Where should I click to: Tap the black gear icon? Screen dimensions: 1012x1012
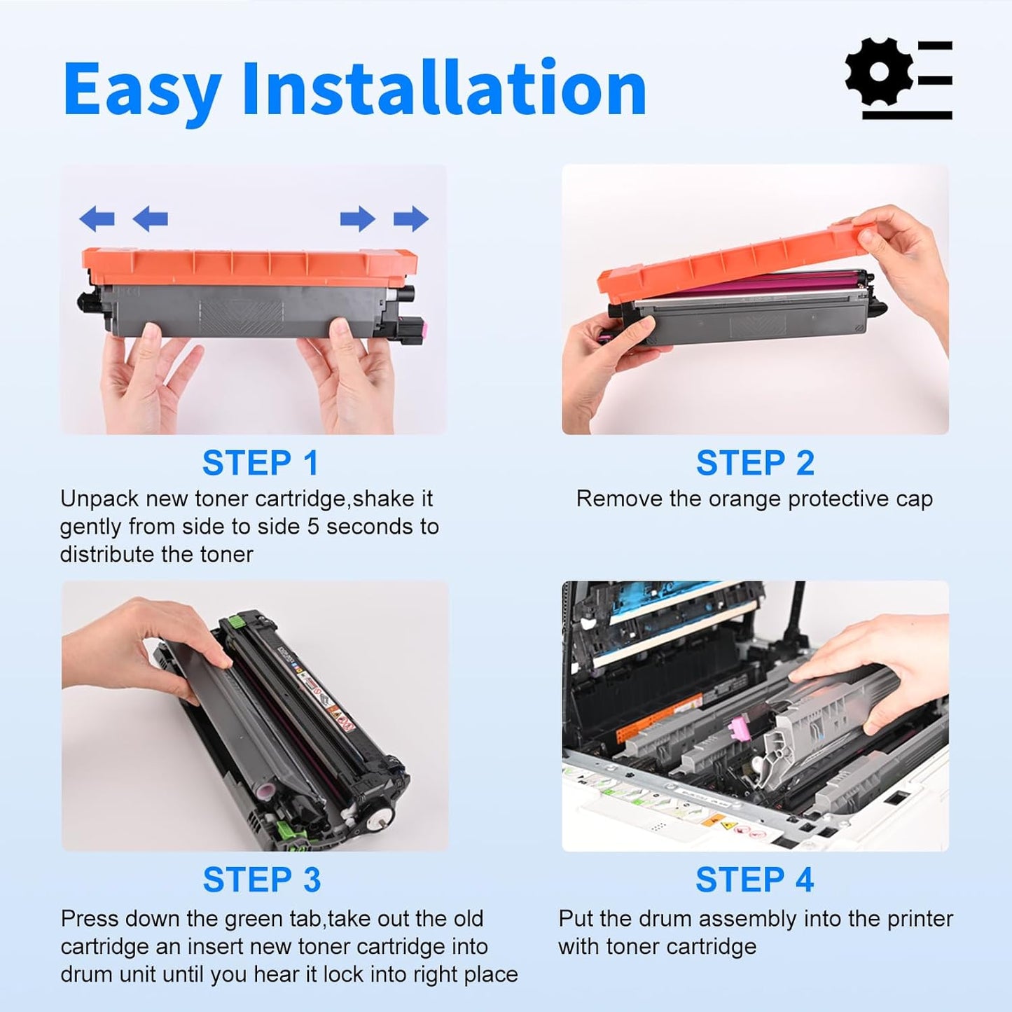click(879, 72)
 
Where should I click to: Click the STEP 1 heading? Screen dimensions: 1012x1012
click(260, 463)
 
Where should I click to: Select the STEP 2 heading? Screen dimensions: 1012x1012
click(755, 463)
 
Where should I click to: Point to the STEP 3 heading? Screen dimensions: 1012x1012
click(261, 880)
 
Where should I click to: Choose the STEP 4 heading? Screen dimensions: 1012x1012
click(754, 880)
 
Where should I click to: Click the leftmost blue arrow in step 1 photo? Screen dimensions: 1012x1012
click(97, 219)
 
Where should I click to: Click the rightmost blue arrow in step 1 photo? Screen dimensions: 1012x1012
click(411, 219)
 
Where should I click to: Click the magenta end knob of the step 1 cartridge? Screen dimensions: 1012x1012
click(415, 326)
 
